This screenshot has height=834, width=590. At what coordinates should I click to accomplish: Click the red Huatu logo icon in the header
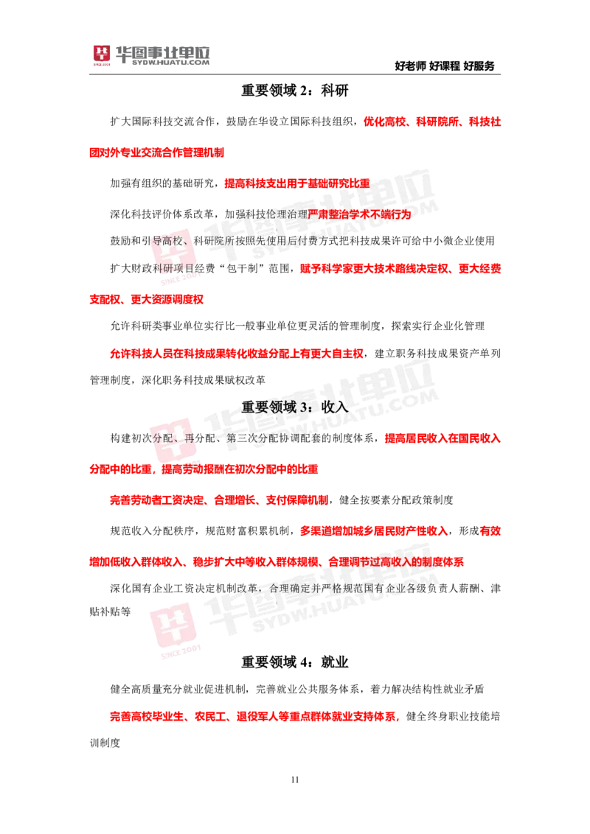101,55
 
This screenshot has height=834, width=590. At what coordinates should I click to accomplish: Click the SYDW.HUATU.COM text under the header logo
170,62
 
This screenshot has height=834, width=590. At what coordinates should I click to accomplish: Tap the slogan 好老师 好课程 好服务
445,66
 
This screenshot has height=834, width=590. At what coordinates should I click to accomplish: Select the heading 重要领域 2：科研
294,91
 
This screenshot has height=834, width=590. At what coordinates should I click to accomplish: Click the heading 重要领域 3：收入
294,407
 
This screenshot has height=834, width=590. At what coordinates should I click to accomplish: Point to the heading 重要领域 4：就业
294,662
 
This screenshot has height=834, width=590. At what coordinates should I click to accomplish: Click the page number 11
295,779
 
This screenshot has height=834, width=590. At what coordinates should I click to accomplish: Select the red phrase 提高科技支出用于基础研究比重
297,183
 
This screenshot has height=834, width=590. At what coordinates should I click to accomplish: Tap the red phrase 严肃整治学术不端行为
359,214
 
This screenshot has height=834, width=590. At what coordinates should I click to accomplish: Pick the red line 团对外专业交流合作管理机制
156,153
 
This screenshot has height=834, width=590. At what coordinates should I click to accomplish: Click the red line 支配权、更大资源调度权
147,299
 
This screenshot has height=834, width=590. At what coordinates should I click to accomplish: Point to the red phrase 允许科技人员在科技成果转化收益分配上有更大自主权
237,354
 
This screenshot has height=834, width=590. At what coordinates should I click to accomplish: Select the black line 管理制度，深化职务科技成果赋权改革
177,379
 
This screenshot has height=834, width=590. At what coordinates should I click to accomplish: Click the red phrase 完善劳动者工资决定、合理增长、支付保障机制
219,500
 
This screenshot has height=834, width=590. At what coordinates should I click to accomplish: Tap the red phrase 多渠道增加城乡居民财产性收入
374,530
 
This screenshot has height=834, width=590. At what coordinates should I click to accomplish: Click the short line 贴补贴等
110,612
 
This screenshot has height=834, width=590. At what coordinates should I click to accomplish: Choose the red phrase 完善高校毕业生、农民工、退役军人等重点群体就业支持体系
254,716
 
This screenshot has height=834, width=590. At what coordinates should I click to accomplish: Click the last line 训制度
105,743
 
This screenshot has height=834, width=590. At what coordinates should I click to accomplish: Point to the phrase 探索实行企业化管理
438,326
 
